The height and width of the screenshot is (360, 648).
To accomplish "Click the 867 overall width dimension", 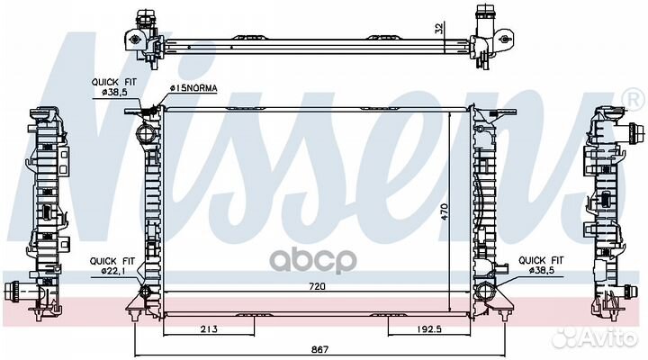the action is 319,350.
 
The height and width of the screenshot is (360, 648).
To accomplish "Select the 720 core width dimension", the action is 317,286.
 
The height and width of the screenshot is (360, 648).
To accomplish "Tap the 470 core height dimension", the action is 445,211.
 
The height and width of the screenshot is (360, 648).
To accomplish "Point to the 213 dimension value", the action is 209,329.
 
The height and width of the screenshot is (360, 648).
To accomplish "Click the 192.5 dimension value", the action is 428,329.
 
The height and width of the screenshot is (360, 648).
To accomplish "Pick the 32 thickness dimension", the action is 439,28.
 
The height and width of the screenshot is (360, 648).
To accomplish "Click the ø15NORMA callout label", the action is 193,88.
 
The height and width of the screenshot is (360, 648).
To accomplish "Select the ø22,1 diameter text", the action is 112,271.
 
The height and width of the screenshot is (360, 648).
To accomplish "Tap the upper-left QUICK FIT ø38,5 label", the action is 113,87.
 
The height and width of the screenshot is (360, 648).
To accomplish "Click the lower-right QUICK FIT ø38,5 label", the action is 541,265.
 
